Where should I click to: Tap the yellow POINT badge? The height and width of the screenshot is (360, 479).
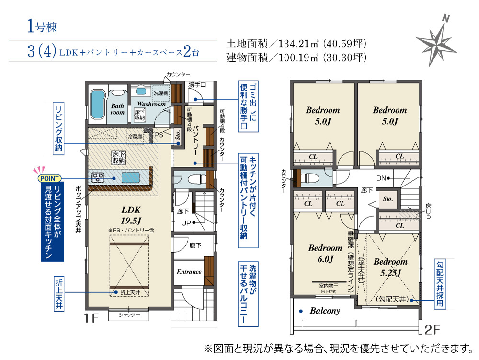point(49,178)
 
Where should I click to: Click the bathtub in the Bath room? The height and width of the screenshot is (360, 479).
point(98,105)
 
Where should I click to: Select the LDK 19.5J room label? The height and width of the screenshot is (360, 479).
point(131,215)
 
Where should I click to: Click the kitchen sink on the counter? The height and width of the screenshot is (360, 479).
point(131,177)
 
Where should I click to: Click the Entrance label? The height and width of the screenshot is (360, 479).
point(189,272)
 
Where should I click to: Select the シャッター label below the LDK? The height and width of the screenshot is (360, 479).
point(129,315)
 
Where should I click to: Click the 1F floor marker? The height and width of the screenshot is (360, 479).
point(91,318)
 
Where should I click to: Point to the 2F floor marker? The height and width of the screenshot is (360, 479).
point(432,330)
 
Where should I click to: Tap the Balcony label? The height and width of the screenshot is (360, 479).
point(325,311)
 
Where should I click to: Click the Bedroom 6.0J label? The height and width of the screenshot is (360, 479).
point(325,254)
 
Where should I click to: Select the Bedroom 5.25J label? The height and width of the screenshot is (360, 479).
point(390,267)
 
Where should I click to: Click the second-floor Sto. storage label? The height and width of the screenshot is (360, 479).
point(388,199)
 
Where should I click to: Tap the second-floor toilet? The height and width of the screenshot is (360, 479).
point(310,178)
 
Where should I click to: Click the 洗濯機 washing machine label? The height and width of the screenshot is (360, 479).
point(161,93)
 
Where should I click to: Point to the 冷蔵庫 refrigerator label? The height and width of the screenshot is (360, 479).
point(136,136)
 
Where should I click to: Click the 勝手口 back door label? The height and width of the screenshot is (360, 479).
point(197,85)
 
